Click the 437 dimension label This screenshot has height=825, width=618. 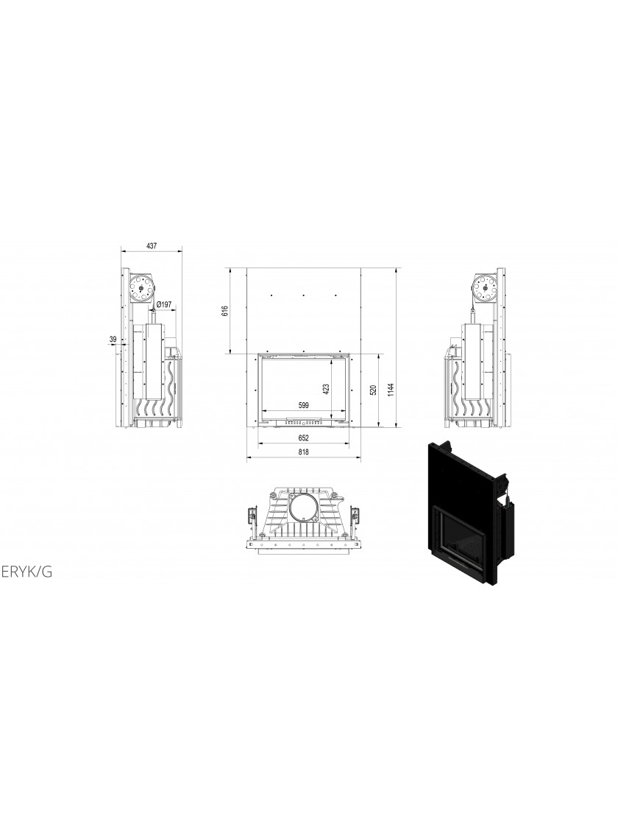[x=152, y=246]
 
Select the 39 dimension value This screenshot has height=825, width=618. [x=113, y=340]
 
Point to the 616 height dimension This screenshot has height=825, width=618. [x=224, y=311]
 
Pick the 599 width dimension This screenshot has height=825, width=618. [x=302, y=405]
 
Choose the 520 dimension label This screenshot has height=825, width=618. [x=374, y=390]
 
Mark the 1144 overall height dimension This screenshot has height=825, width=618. [x=390, y=390]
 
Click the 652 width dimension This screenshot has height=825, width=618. [x=303, y=438]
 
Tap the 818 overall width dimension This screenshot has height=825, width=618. [x=303, y=452]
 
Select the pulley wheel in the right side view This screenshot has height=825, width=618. [x=484, y=288]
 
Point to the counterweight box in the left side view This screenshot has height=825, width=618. [x=154, y=362]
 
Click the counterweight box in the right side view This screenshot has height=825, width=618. [x=472, y=362]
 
